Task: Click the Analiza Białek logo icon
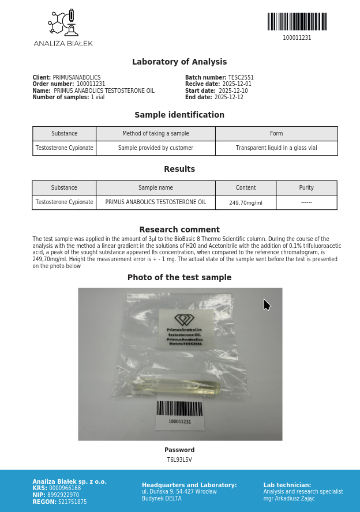63,23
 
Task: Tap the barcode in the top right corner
297,22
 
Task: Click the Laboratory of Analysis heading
179,62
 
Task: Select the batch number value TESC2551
241,78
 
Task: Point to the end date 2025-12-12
229,97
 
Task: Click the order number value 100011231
91,84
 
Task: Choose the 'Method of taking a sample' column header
156,134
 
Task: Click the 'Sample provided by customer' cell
156,148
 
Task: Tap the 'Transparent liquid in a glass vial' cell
276,148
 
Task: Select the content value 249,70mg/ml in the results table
246,203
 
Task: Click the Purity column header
306,188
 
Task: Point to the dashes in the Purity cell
306,203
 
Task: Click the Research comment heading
179,229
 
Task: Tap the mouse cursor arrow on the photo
267,304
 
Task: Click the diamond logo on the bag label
185,319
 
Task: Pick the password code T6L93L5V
179,460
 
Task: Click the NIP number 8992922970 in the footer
63,495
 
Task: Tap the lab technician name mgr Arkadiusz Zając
289,499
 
